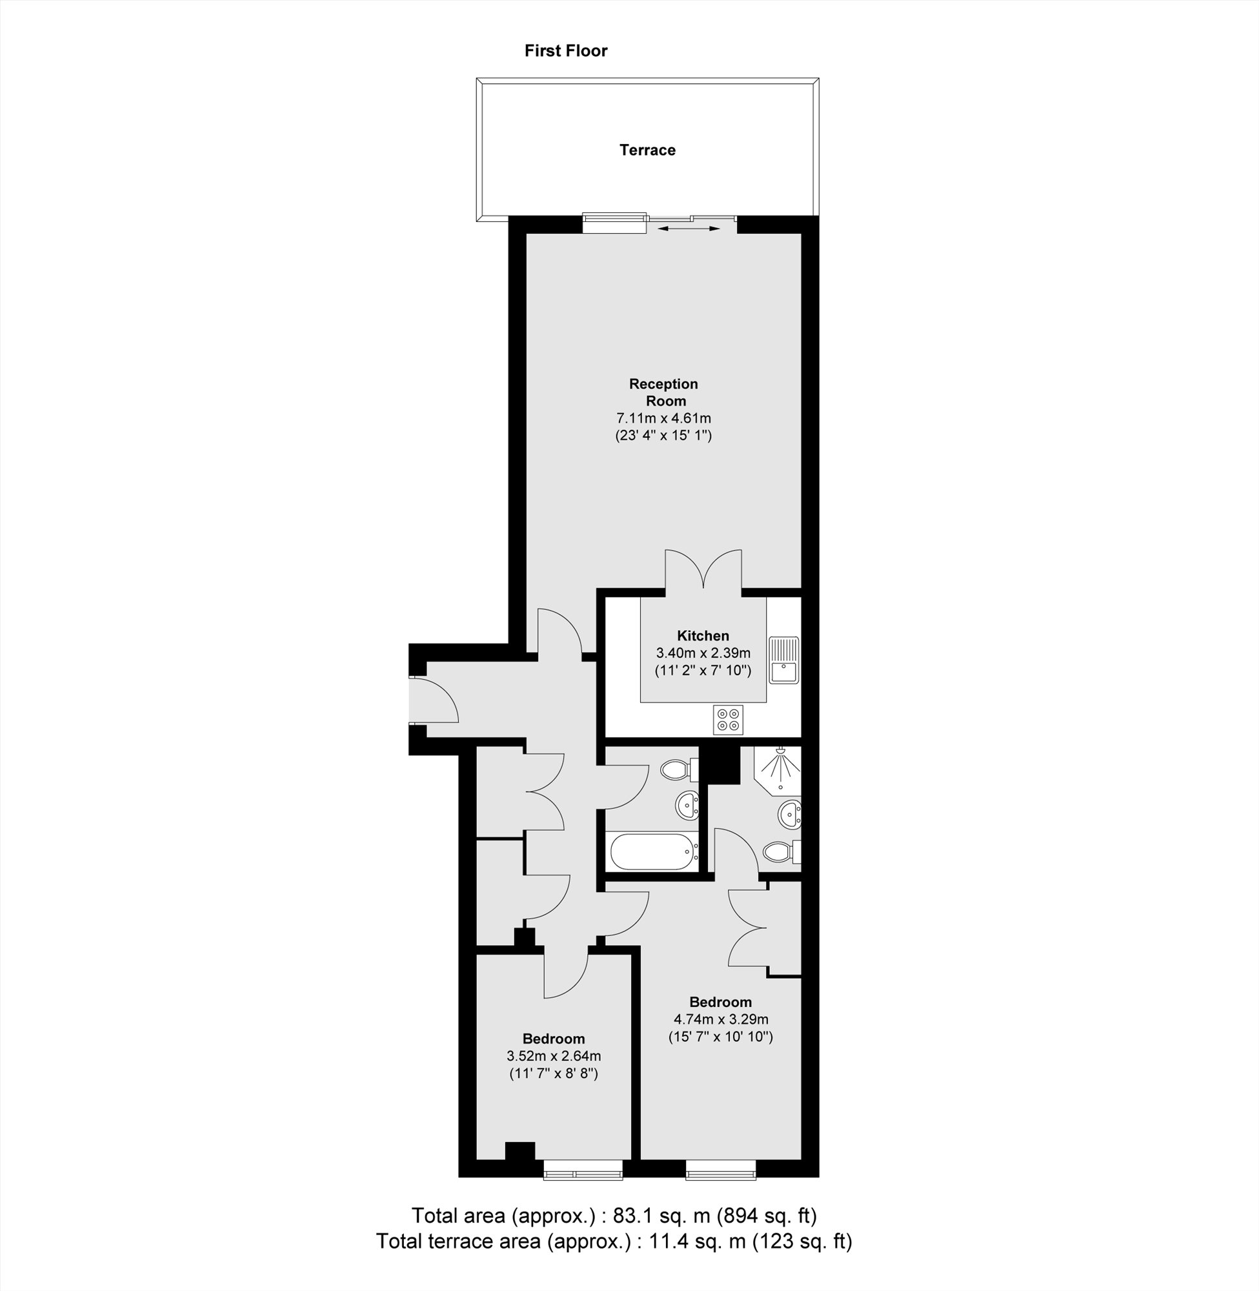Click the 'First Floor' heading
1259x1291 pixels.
[565, 51]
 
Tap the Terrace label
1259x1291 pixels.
[647, 150]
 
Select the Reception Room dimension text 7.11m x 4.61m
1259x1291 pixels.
[663, 418]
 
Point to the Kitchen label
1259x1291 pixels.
[703, 636]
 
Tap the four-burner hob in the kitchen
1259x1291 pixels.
[728, 719]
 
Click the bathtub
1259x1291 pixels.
[652, 852]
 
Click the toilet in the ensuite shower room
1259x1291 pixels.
[780, 851]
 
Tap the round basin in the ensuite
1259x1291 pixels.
[789, 813]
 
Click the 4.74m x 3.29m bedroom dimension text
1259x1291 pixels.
[721, 1019]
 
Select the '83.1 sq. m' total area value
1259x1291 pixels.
[661, 1215]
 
